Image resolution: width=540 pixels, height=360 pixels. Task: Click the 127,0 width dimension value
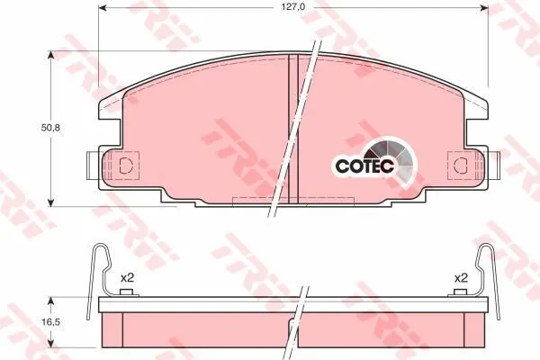(x=293, y=6)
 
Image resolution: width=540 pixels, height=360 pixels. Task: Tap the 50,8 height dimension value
(x=50, y=128)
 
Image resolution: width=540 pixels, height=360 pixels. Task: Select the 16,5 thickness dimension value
(x=50, y=322)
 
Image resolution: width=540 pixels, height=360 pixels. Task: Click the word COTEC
(x=364, y=166)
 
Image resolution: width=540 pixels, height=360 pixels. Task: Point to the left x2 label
(x=127, y=278)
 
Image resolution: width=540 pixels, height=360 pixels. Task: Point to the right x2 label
(x=461, y=278)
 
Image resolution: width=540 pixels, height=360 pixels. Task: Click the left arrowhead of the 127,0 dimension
(x=103, y=7)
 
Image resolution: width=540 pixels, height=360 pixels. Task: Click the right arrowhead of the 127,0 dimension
(x=484, y=7)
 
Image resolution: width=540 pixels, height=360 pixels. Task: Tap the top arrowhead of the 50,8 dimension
(x=50, y=56)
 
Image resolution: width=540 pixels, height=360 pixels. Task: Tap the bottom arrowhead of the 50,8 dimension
(x=50, y=202)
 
